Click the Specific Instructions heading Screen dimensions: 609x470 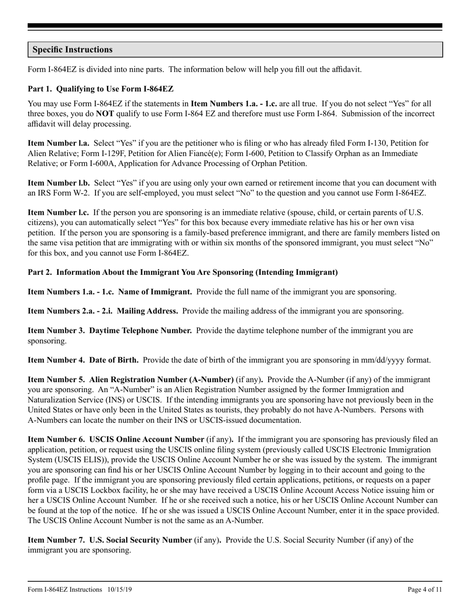pos(72,50)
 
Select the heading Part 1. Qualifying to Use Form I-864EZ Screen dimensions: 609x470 pos(100,89)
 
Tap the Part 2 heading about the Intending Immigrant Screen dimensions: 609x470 pos(183,272)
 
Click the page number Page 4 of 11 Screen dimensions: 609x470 pos(424,590)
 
